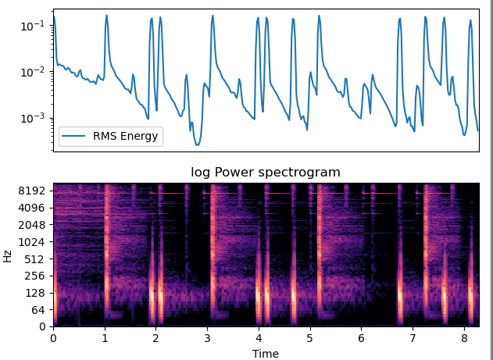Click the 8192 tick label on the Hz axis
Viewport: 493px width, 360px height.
tap(34, 191)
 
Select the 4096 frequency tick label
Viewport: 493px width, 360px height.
tap(34, 208)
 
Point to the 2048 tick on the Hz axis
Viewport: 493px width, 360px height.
tap(34, 225)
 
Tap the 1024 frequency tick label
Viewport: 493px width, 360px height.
tap(34, 242)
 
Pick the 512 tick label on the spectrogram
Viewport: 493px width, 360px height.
tap(38, 259)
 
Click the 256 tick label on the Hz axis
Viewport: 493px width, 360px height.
tap(38, 276)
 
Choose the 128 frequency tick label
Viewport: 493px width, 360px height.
tap(38, 293)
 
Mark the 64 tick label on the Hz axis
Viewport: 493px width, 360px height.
tap(40, 310)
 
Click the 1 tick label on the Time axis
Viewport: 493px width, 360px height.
tap(105, 338)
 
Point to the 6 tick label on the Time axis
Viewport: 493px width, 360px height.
tap(361, 338)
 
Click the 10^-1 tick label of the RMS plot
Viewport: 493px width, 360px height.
tap(34, 26)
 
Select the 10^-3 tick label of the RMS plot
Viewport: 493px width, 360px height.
tap(34, 118)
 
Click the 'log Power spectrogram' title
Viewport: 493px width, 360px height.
tap(266, 173)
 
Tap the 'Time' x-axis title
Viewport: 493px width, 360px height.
tap(266, 353)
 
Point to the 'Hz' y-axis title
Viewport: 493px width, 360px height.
tap(8, 255)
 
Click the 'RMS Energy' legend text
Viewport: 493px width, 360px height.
tap(126, 137)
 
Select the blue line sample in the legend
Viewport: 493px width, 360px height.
tap(77, 137)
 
